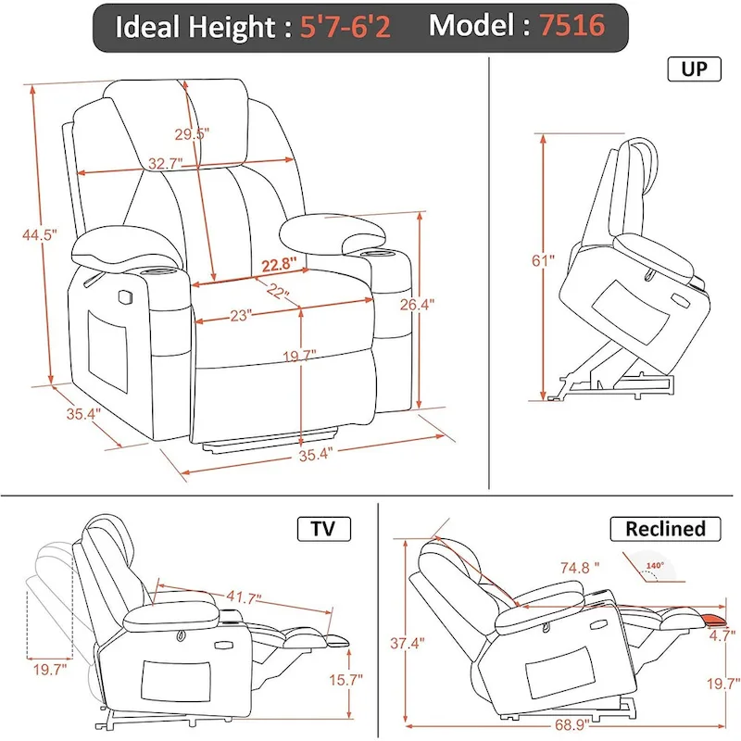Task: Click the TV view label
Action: (x=323, y=529)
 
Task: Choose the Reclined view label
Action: (x=664, y=529)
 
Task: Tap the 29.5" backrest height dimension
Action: (x=192, y=133)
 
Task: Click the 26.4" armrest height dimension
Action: (x=443, y=303)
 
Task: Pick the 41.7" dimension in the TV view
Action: (x=242, y=597)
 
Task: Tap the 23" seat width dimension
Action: (x=243, y=315)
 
